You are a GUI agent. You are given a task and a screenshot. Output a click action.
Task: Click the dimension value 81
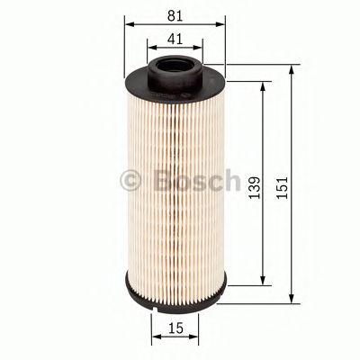[x=175, y=14]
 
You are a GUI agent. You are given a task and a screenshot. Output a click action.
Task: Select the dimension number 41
[x=175, y=40]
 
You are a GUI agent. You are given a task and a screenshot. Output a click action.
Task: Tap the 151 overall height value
[x=285, y=184]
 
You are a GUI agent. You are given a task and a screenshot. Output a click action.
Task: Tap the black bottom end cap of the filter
[x=175, y=296]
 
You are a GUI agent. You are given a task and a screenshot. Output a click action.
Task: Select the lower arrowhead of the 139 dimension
[x=263, y=281]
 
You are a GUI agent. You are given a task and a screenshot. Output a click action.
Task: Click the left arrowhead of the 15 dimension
[x=155, y=341]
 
